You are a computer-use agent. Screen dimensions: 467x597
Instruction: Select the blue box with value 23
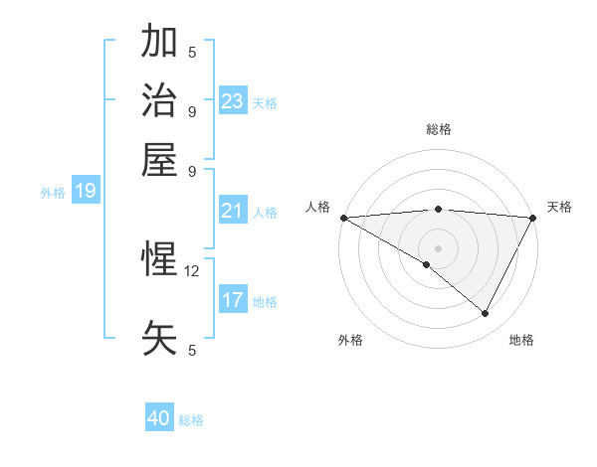point(233,100)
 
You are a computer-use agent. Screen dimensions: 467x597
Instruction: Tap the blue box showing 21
point(233,211)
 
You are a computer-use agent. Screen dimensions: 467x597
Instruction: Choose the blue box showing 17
point(233,300)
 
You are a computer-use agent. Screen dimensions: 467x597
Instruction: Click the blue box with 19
point(86,192)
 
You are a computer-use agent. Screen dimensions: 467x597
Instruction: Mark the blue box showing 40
point(159,418)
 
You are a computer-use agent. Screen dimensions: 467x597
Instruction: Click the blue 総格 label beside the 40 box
point(191,420)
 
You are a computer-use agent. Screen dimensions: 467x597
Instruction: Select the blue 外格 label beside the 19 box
point(53,193)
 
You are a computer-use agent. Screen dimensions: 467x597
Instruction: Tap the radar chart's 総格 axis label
point(438,129)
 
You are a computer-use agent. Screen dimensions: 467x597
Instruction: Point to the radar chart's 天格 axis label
point(559,207)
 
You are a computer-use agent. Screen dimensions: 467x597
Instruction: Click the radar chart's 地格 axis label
point(521,340)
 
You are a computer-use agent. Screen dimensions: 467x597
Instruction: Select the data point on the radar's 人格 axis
point(343,218)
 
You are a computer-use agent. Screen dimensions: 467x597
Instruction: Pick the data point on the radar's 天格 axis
point(533,218)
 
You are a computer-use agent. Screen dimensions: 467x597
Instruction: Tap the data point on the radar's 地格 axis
point(486,314)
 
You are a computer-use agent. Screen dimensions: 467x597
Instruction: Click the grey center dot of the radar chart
point(438,247)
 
